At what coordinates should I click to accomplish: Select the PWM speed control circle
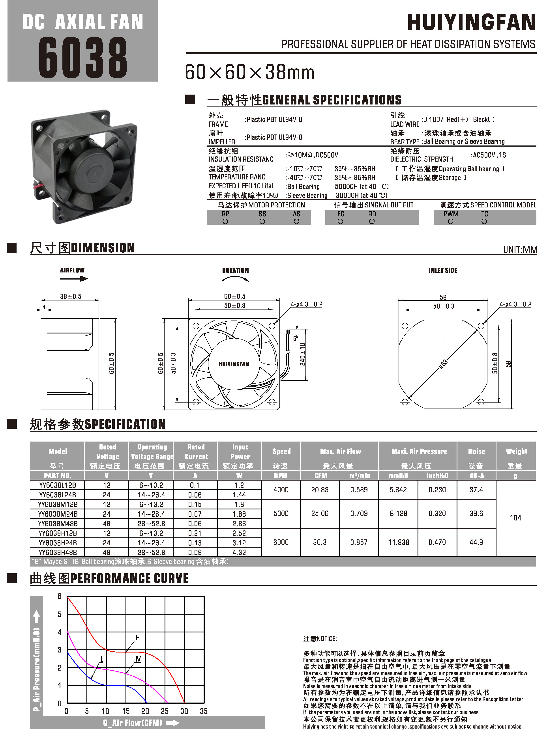450,221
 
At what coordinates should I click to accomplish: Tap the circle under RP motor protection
225,221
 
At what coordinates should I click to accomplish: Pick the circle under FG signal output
340,221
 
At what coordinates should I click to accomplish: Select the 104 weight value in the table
515,518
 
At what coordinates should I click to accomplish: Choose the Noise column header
476,451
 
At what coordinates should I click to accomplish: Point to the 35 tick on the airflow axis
204,711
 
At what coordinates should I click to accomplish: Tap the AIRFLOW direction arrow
74,279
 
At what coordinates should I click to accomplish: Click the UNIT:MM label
519,250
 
